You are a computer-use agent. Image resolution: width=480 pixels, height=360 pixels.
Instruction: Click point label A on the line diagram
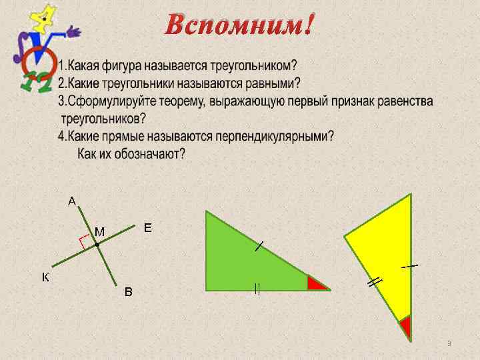tap(72, 200)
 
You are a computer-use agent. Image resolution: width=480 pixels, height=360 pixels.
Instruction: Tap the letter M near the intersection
tap(99, 231)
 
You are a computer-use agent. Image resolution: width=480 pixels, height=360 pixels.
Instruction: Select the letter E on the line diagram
tap(148, 228)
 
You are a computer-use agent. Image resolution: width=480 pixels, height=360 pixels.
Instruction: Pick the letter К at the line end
tap(45, 277)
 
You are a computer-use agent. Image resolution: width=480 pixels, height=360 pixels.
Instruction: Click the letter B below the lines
tap(129, 292)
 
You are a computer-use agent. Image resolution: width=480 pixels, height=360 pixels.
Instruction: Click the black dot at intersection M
tap(97, 245)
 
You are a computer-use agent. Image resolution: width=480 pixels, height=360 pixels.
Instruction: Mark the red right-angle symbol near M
tap(84, 241)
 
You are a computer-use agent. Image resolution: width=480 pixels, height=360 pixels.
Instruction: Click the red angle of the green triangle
tap(316, 283)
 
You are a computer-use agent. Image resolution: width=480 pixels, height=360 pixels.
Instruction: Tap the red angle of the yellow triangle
tap(405, 327)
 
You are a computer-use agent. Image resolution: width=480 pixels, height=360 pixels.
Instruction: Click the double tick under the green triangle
tap(256, 289)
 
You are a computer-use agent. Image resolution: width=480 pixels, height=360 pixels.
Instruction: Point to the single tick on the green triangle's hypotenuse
tap(259, 247)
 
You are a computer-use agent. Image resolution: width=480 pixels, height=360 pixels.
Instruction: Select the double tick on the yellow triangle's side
tap(375, 282)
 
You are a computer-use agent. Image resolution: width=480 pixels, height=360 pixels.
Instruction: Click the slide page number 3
tap(449, 343)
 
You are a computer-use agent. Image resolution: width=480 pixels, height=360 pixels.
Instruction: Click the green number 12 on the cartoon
tap(34, 82)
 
